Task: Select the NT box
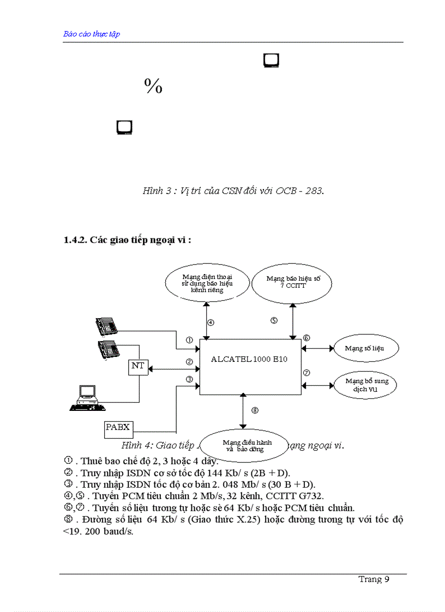pyautogui.click(x=138, y=366)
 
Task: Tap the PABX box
pyautogui.click(x=118, y=428)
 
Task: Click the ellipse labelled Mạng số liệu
pyautogui.click(x=364, y=348)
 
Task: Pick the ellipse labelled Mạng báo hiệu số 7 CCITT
pyautogui.click(x=293, y=282)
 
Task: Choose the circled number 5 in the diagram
pyautogui.click(x=274, y=320)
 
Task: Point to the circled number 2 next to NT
pyautogui.click(x=189, y=361)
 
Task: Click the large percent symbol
pyautogui.click(x=153, y=86)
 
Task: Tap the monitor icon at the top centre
pyautogui.click(x=271, y=60)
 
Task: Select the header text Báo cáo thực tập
pyautogui.click(x=92, y=34)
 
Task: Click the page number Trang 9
pyautogui.click(x=374, y=579)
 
